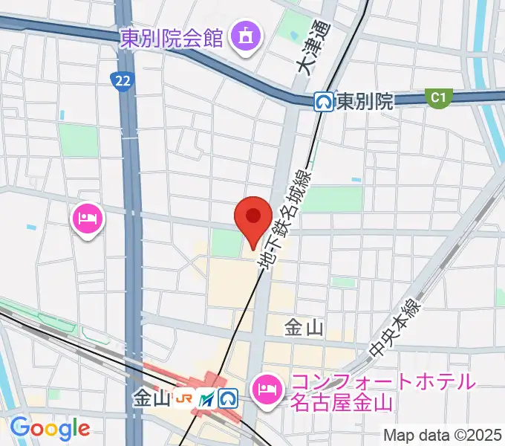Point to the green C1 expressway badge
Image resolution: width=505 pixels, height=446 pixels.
tap(439, 97)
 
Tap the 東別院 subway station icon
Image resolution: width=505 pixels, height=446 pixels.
tap(323, 101)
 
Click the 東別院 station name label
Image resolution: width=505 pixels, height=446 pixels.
tap(364, 102)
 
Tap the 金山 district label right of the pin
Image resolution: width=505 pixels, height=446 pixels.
tap(304, 326)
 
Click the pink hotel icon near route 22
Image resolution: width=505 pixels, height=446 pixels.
tap(88, 220)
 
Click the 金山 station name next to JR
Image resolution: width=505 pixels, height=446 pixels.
tap(152, 399)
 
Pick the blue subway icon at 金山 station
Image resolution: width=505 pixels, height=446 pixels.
tap(227, 399)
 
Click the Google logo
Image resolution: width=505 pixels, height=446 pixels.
tap(50, 427)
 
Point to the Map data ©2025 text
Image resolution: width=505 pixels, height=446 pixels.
tap(443, 434)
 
